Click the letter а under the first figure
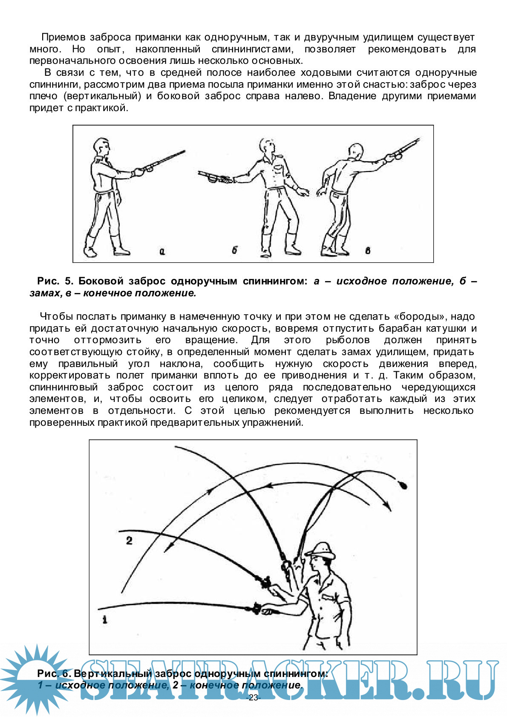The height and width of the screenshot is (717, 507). (162, 252)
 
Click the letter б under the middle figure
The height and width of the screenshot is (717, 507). (234, 250)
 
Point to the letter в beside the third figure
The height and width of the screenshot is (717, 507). (368, 250)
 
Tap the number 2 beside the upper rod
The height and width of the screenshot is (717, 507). (129, 541)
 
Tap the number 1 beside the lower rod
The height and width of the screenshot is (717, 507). (105, 620)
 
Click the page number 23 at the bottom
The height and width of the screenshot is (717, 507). (253, 697)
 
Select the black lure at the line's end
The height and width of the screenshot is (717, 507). (402, 485)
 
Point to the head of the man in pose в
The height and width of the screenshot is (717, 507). (356, 152)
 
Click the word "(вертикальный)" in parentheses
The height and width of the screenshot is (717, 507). (102, 96)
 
